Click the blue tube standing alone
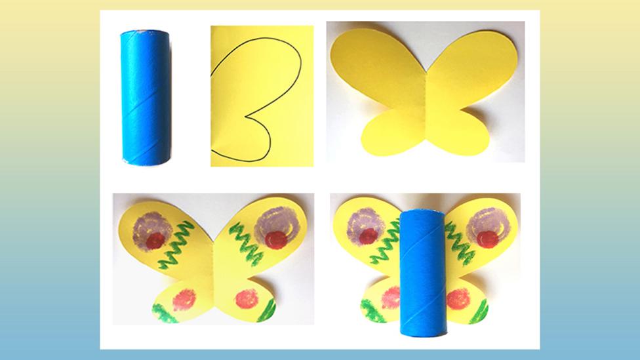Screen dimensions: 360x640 coord(146,97)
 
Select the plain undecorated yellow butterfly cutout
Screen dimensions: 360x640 coord(426,92)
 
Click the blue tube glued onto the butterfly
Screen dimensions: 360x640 coord(423,271)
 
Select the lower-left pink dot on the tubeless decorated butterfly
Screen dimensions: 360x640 coord(184,300)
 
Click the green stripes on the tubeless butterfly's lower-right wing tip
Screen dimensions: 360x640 coord(267,309)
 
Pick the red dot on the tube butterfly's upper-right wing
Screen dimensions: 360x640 coord(487,239)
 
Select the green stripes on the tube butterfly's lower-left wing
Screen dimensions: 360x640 coord(372,311)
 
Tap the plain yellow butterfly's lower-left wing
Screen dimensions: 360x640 coord(387,131)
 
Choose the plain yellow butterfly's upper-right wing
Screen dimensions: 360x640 coord(472,66)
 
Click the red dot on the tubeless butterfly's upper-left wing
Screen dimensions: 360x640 coord(155,241)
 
